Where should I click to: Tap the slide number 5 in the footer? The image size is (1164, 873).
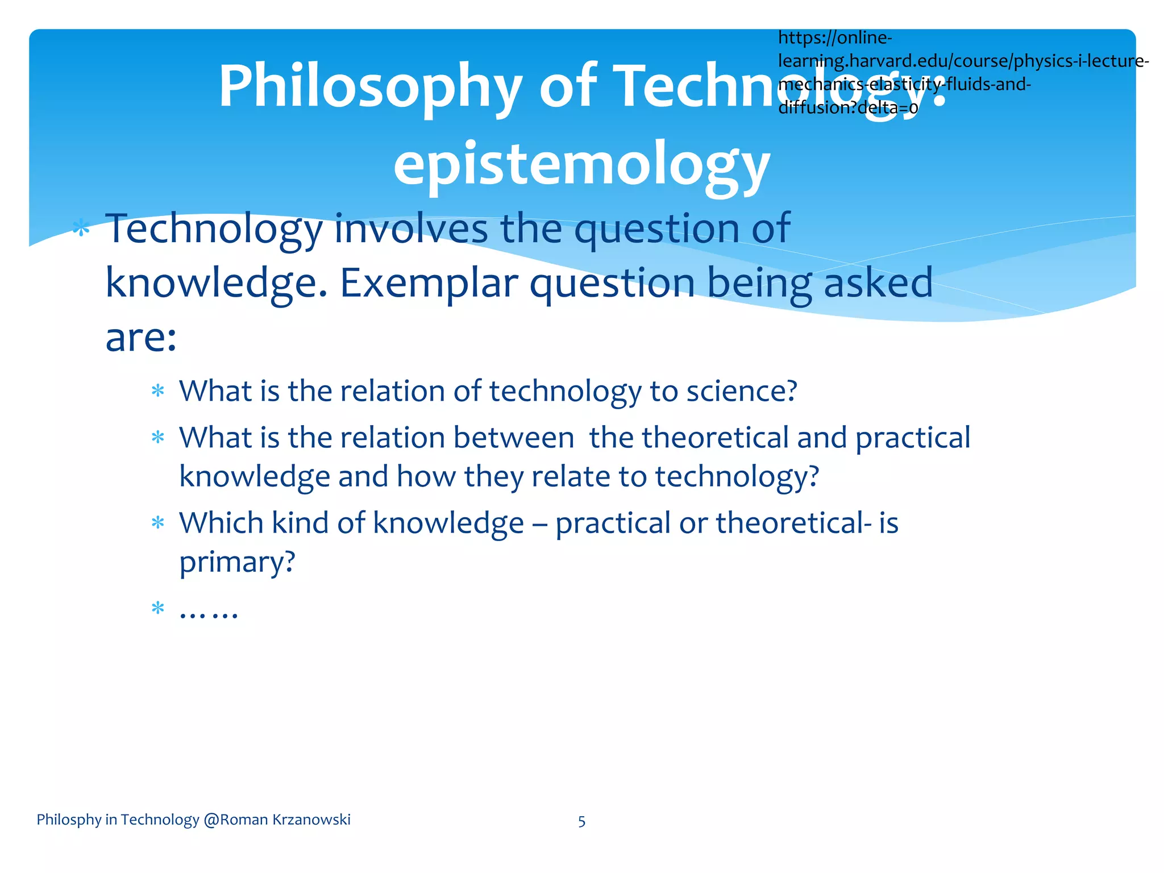pyautogui.click(x=581, y=821)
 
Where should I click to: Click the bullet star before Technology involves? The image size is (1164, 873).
pyautogui.click(x=81, y=229)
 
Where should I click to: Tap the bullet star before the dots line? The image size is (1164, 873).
pyautogui.click(x=157, y=609)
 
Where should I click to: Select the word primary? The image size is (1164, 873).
pyautogui.click(x=237, y=562)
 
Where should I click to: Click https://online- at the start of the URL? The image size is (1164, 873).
pyautogui.click(x=834, y=38)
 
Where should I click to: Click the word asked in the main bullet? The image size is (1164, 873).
pyautogui.click(x=878, y=282)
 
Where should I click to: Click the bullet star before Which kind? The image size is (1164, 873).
pyautogui.click(x=157, y=523)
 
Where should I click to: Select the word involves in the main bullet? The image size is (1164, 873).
pyautogui.click(x=411, y=228)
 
